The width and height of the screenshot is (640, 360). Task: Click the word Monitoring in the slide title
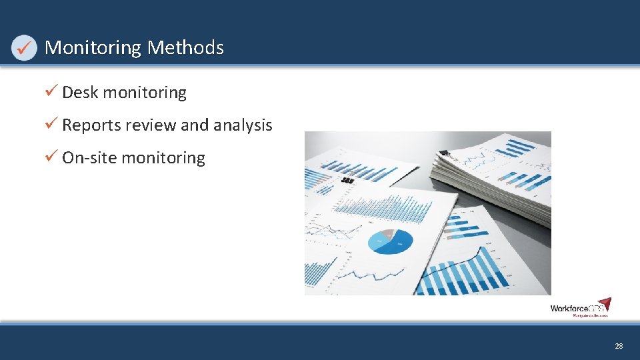pyautogui.click(x=93, y=48)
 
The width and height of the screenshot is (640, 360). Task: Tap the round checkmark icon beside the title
pyautogui.click(x=24, y=48)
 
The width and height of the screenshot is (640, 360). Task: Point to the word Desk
pyautogui.click(x=80, y=93)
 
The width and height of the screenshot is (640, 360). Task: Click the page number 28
pyautogui.click(x=619, y=346)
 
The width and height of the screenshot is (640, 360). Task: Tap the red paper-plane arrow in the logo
pyautogui.click(x=604, y=304)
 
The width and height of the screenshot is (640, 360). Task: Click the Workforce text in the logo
pyautogui.click(x=567, y=308)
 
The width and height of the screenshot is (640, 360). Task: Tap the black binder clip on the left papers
pyautogui.click(x=347, y=180)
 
